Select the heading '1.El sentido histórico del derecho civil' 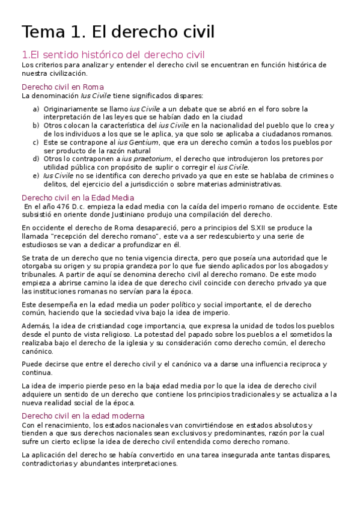113,55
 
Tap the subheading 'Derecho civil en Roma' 63,87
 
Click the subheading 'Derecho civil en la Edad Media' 78,197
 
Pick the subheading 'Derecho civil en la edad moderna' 82,416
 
